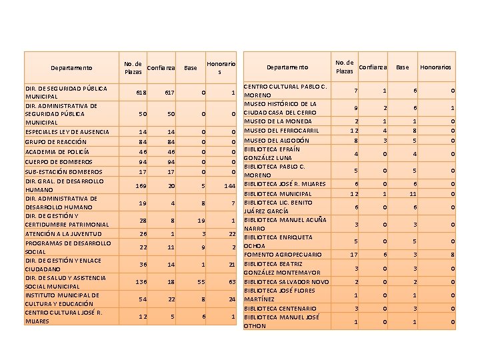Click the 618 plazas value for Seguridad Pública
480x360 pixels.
coord(141,92)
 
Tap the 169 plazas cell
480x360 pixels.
coord(141,185)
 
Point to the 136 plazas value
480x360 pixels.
coord(141,282)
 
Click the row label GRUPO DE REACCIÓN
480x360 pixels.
coord(55,142)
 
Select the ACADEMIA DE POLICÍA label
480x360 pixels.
coord(56,151)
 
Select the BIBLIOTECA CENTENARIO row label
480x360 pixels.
coord(280,309)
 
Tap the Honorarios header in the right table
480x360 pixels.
coord(435,67)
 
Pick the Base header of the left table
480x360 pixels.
coord(191,67)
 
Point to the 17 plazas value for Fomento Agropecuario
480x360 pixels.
coord(354,254)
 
